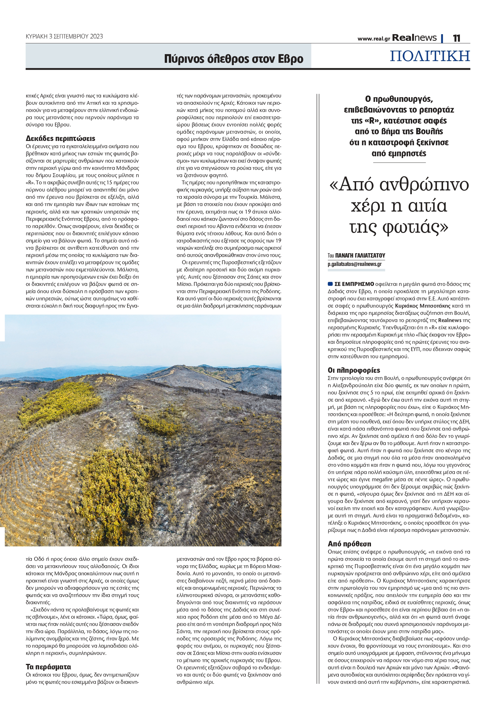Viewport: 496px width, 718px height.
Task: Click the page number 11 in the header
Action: pos(456,38)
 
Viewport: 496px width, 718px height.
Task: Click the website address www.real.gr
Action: pos(374,39)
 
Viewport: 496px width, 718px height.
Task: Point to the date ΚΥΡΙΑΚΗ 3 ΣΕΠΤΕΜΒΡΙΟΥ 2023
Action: pos(64,36)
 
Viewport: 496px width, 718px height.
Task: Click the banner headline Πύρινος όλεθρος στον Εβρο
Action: pos(233,59)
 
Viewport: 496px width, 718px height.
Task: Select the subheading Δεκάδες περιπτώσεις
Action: pos(60,139)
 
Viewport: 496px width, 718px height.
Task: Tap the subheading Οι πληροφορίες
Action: pos(354,370)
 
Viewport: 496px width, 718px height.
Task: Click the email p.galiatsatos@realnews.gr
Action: pos(354,264)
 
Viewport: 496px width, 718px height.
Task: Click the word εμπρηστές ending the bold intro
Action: pos(399,153)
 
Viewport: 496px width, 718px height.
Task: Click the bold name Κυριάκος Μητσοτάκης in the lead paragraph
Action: pos(422,306)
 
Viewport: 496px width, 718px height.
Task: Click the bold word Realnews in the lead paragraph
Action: pos(450,320)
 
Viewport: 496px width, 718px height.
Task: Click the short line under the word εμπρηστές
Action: pos(399,162)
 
